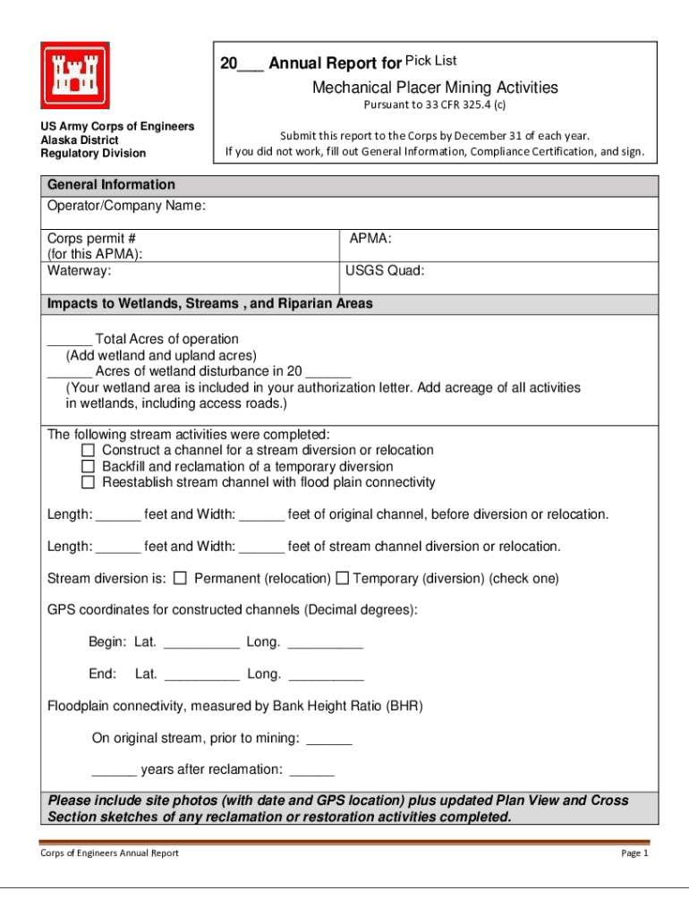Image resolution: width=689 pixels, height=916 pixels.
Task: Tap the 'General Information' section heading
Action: pos(111,185)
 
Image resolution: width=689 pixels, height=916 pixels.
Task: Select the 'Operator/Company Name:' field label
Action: pos(126,207)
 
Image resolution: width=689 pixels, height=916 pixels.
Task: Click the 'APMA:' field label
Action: pos(370,239)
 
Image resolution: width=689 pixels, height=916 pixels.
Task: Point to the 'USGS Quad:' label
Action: pos(385,270)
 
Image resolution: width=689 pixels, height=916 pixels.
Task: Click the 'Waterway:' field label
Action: pos(80,270)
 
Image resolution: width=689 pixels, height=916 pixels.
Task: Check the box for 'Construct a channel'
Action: pos(88,450)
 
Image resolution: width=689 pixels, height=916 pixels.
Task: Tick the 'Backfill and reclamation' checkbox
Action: pos(88,466)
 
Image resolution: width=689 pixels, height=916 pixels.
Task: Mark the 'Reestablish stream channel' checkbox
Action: pos(88,482)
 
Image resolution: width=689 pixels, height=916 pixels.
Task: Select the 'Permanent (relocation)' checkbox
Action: pos(180,579)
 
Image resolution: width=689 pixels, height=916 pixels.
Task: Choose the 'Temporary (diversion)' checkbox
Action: pos(342,579)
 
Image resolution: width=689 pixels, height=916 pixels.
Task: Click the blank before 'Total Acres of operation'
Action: pos(69,341)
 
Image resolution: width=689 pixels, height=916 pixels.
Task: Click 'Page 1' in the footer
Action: pos(634,852)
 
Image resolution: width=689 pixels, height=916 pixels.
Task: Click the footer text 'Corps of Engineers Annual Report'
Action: pos(109,852)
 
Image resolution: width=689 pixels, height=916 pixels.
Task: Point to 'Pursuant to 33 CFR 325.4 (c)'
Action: pos(434,105)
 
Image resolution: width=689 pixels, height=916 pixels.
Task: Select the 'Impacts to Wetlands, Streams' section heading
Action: pos(209,304)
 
